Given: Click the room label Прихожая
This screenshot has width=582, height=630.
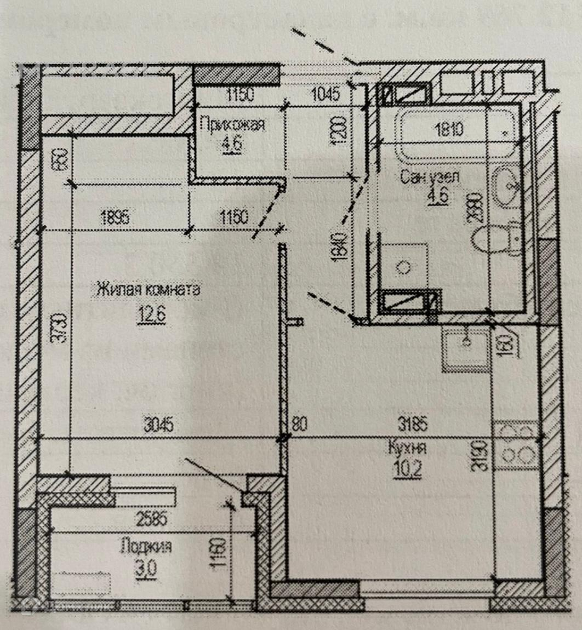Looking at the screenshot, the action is (232, 124).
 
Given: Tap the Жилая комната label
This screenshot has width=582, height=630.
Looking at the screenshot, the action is (149, 289).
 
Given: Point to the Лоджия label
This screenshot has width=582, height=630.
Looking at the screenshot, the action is (146, 546).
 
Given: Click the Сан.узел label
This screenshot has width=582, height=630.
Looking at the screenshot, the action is (430, 177).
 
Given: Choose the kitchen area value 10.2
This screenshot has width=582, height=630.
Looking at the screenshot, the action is (407, 469).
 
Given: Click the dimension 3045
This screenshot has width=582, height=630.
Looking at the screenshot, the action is (158, 425).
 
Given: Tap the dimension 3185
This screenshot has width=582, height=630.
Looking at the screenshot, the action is (413, 425).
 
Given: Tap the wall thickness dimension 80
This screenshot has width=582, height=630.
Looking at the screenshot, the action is (299, 425).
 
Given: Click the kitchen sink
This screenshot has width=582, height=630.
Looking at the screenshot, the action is (466, 348).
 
